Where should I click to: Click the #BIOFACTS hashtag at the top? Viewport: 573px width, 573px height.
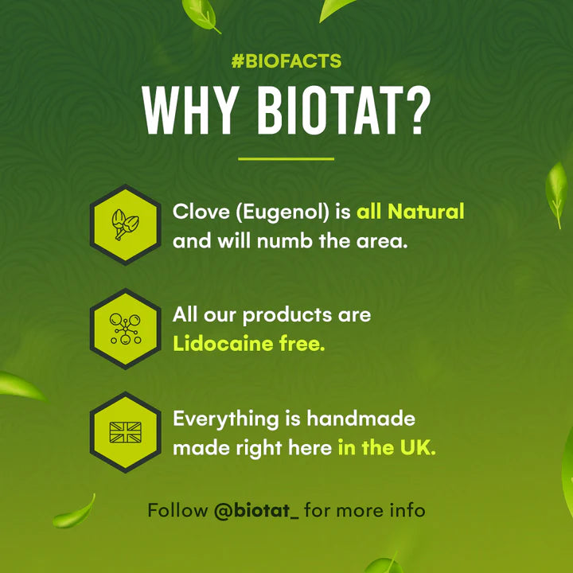coord(286,62)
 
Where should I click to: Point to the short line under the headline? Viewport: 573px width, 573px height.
coord(286,158)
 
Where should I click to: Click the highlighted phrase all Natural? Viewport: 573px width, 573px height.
coord(410,212)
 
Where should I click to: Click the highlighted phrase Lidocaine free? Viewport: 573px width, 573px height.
coord(249,345)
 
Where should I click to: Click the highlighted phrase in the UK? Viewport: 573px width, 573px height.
coord(387,447)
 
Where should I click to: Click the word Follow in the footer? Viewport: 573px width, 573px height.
coord(177,510)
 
